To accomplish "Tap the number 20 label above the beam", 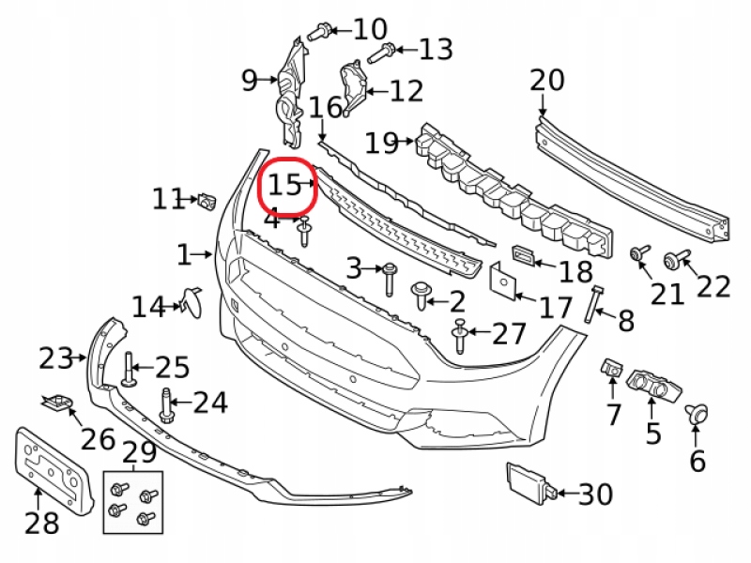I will [x=546, y=81].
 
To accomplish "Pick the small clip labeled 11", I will [x=207, y=199].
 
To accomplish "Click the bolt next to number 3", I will [x=389, y=279].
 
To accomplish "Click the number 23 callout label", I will [x=55, y=358].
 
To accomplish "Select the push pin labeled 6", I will [x=697, y=414].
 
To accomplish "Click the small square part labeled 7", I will [x=611, y=368].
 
